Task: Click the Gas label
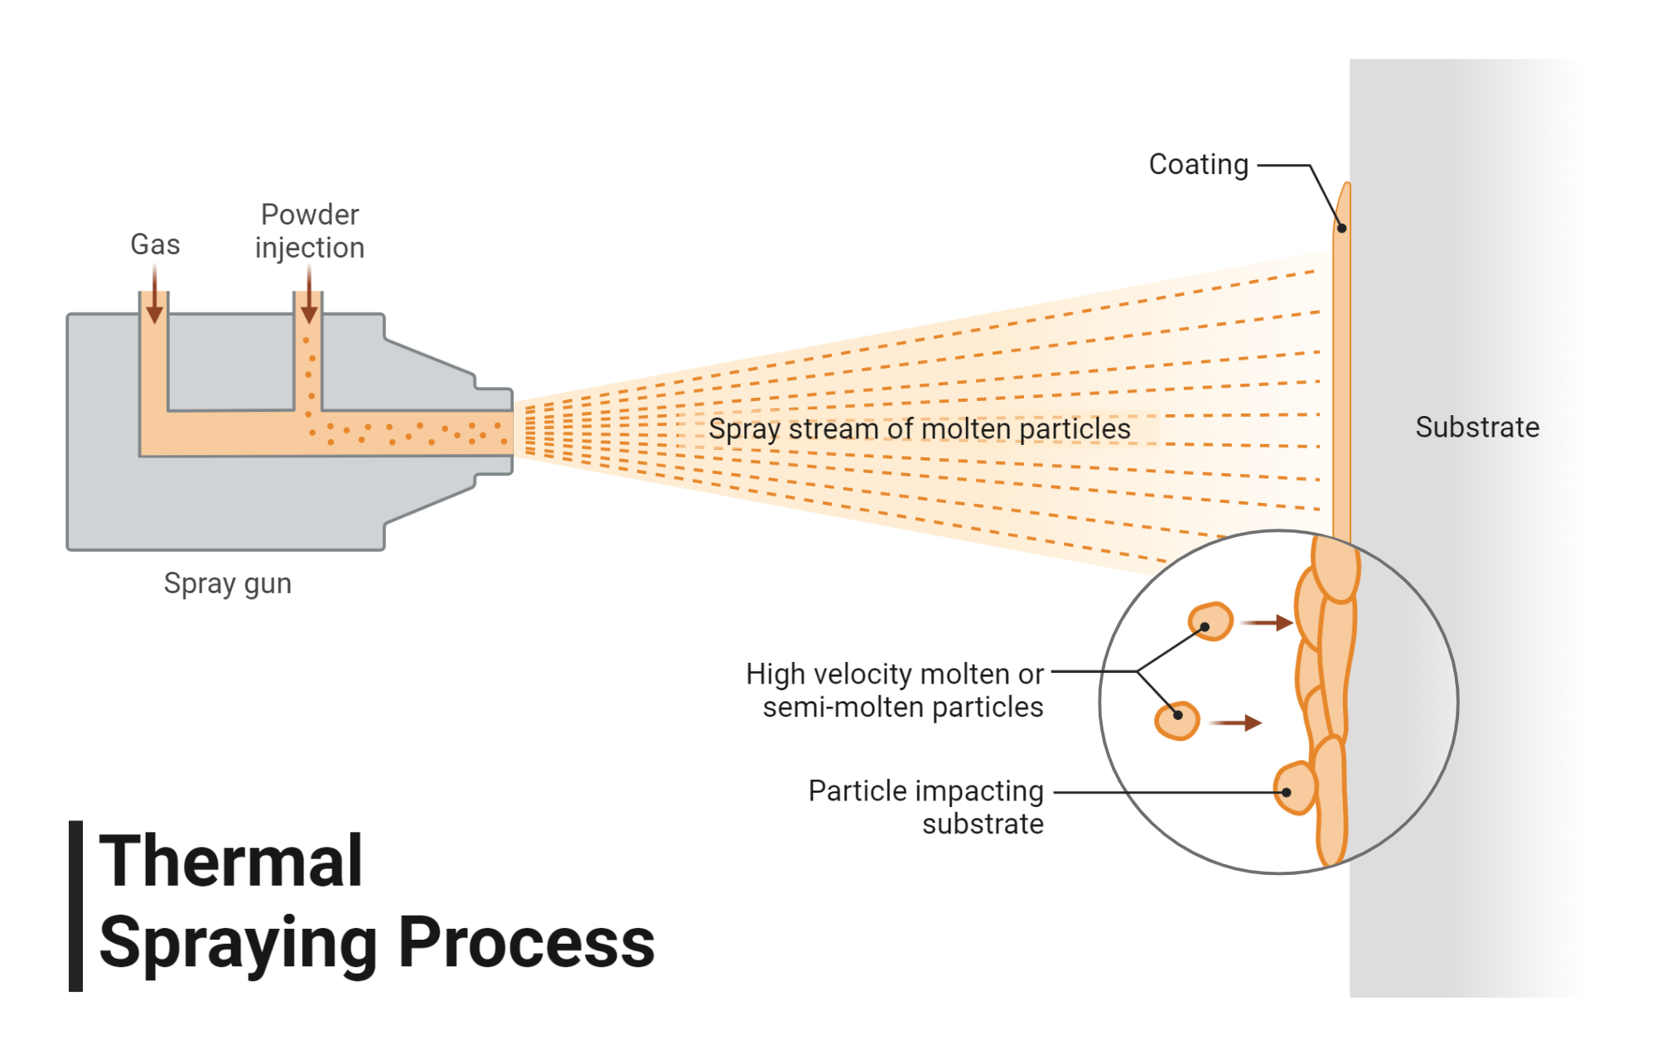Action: point(155,244)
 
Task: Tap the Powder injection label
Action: point(309,231)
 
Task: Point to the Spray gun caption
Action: point(227,583)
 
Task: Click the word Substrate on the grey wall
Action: point(1476,428)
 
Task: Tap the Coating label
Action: point(1198,164)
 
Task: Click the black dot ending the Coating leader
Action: point(1341,228)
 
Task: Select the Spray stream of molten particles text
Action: point(919,429)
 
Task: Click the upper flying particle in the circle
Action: point(1210,621)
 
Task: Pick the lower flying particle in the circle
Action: point(1177,720)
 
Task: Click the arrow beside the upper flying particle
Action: point(1269,622)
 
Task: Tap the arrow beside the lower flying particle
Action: point(1236,723)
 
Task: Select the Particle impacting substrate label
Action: point(925,807)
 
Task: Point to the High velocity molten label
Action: point(895,690)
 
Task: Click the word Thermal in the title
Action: point(231,862)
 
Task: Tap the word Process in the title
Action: point(527,943)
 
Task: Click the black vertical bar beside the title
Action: point(75,906)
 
